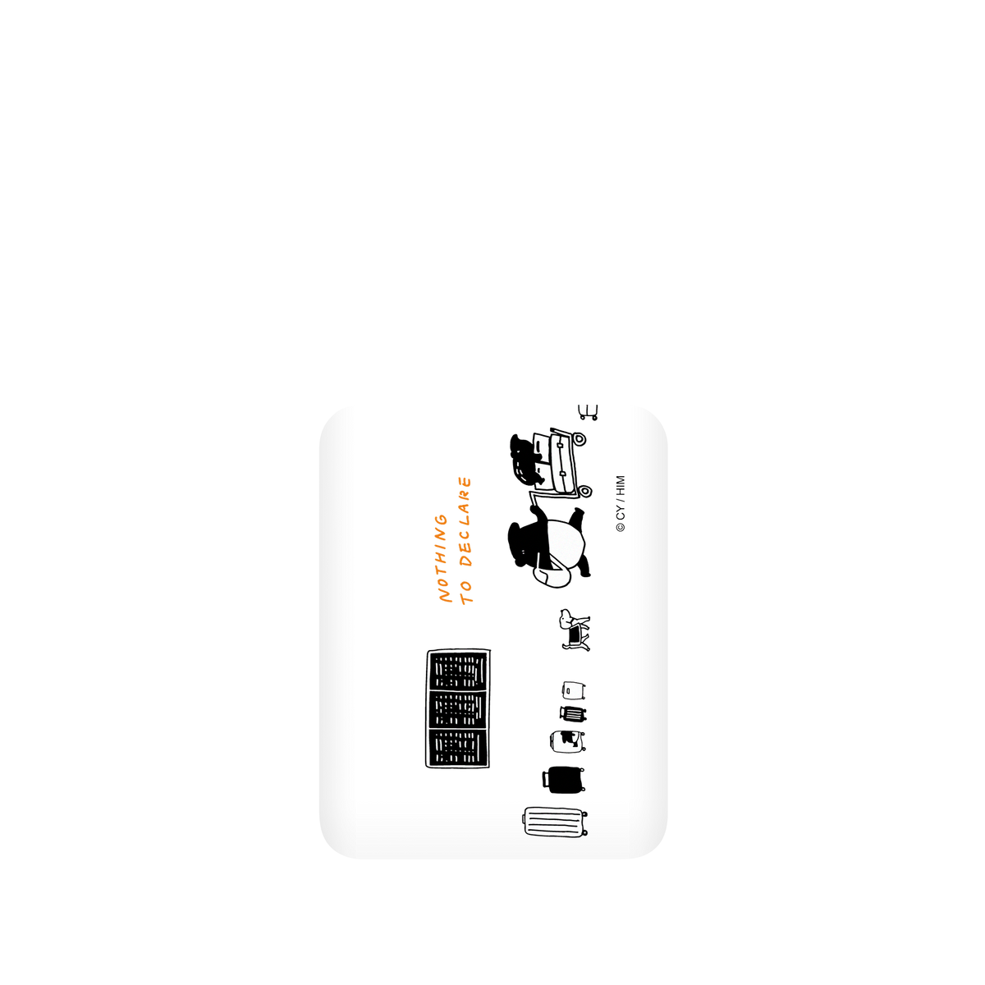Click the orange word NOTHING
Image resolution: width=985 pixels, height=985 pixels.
point(443,558)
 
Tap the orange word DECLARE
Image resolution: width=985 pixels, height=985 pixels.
point(465,521)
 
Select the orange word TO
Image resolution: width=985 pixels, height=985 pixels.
point(466,592)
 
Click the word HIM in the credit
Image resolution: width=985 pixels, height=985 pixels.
point(620,486)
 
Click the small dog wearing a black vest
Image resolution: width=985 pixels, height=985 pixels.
point(575,630)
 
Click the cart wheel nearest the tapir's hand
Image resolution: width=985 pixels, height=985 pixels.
point(586,491)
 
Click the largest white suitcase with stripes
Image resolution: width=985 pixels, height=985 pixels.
point(555,822)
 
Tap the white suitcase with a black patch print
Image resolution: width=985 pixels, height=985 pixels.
point(567,740)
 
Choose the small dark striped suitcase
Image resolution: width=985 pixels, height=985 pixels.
point(572,714)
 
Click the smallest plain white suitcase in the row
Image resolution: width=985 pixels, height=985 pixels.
point(574,690)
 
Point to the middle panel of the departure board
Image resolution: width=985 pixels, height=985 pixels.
point(458,710)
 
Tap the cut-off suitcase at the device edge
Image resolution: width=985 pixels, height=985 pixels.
point(588,412)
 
